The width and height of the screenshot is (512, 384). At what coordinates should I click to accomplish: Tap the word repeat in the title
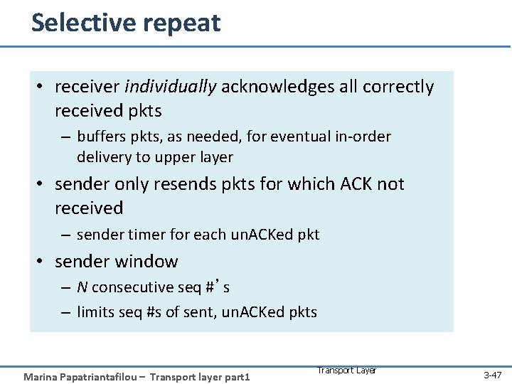pyautogui.click(x=181, y=24)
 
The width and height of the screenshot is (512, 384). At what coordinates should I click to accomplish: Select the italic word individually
pyautogui.click(x=170, y=87)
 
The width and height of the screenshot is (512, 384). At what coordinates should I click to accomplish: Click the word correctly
pyautogui.click(x=398, y=87)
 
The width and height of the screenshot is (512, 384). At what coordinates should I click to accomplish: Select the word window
pyautogui.click(x=144, y=261)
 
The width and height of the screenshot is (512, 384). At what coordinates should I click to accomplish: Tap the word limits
pyautogui.click(x=95, y=311)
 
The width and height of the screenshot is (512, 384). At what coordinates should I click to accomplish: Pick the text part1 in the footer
pyautogui.click(x=237, y=376)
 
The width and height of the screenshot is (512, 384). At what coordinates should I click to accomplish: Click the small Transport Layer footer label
pyautogui.click(x=346, y=370)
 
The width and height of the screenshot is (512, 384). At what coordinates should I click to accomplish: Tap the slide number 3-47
pyautogui.click(x=492, y=374)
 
